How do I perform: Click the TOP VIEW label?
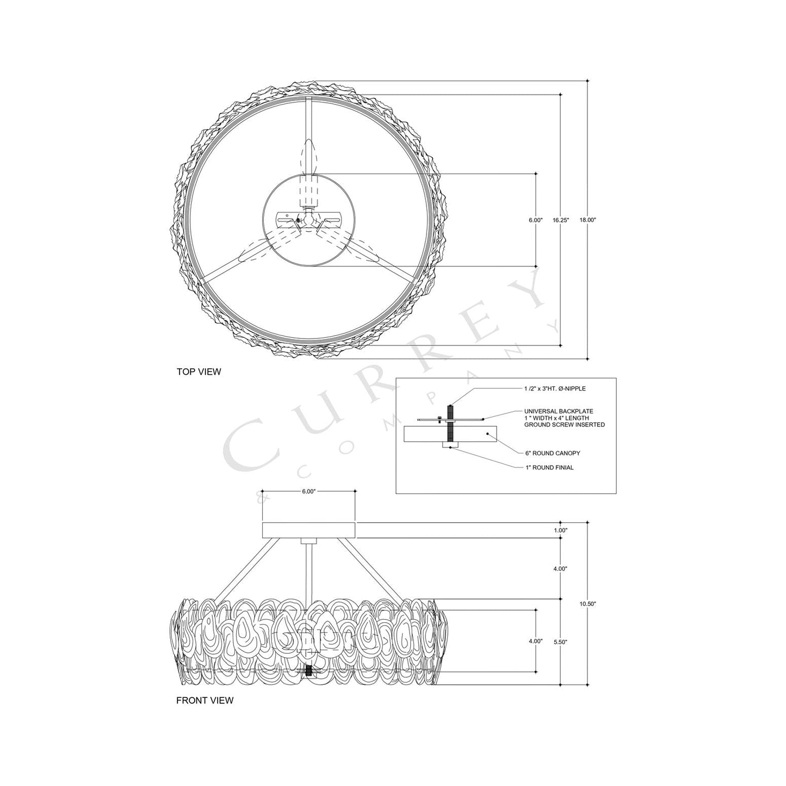199,372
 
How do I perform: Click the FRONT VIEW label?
205,700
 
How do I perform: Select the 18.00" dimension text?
588,220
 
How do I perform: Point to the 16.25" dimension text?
561,220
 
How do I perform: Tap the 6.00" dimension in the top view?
535,220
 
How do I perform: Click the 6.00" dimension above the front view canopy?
308,491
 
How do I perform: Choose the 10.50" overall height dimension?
588,604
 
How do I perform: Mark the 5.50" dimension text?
560,642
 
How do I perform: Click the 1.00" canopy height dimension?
560,530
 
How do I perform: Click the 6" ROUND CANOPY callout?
548,453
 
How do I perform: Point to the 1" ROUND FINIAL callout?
549,467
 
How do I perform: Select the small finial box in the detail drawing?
451,445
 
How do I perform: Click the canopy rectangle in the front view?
308,530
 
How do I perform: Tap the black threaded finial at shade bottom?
309,672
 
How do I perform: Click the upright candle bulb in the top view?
308,155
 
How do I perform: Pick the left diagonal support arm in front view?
242,568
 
